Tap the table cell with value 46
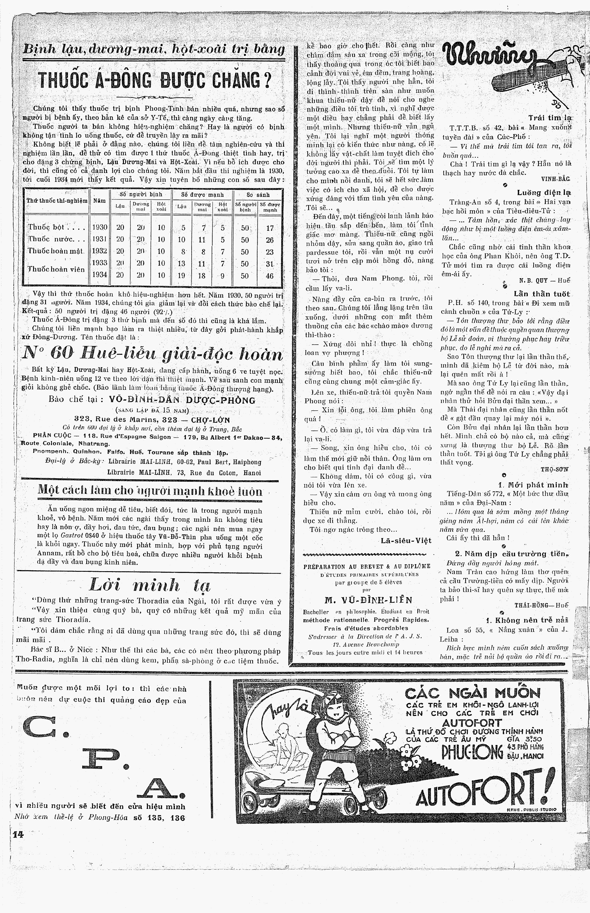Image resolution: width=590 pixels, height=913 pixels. [x=270, y=276]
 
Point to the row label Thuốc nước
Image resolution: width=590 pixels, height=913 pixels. [x=56, y=240]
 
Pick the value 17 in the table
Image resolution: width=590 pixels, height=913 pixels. [x=270, y=228]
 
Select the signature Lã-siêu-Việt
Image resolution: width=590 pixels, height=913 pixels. [x=406, y=541]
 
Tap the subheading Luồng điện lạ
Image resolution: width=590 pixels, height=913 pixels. [x=543, y=193]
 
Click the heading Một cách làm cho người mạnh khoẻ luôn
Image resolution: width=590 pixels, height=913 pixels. [x=150, y=491]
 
